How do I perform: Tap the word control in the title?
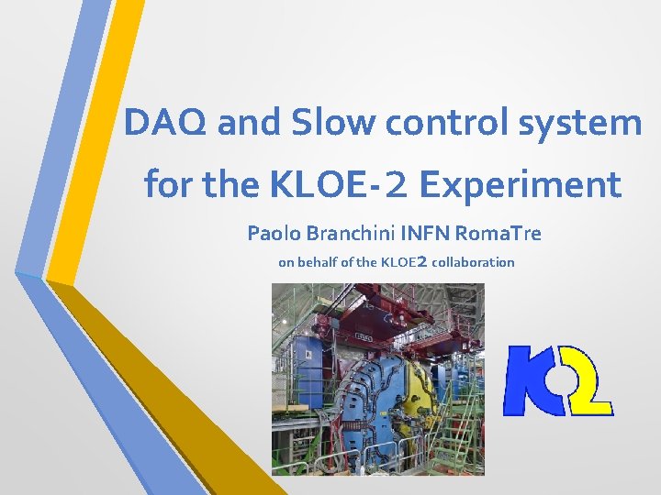(445, 122)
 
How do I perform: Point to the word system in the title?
(581, 122)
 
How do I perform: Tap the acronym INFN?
(430, 234)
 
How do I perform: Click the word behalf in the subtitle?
(319, 262)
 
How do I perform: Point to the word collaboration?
(473, 262)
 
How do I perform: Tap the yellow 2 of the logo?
(588, 380)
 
